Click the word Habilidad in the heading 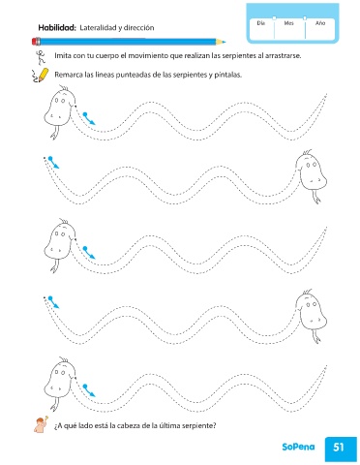(57, 28)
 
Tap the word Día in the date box (261, 23)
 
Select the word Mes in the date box (288, 23)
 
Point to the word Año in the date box (320, 23)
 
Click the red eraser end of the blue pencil (36, 42)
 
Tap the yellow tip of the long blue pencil (221, 42)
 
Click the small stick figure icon (41, 57)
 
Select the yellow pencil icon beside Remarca (41, 75)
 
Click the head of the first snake (60, 108)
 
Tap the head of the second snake (312, 171)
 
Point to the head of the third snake (60, 241)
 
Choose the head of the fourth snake (312, 311)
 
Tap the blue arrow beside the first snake (89, 118)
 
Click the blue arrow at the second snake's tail (53, 163)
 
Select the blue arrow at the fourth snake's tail (53, 302)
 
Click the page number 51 (339, 448)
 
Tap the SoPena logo (298, 447)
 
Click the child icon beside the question (42, 424)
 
